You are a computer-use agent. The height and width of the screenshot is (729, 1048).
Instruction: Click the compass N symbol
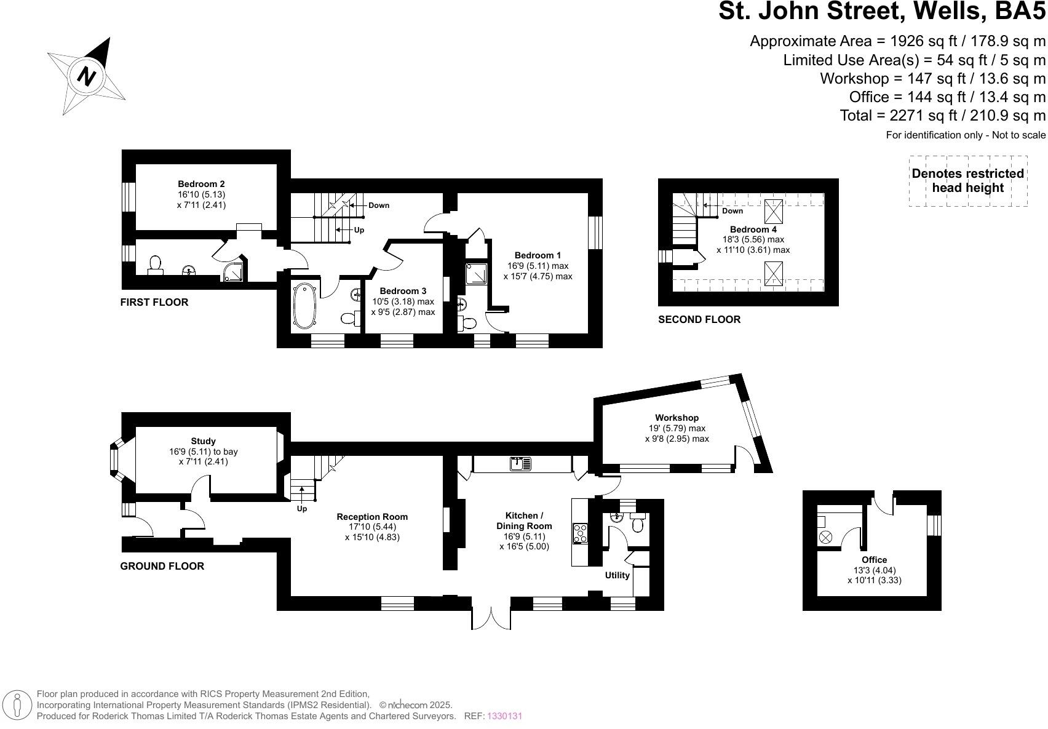click(87, 76)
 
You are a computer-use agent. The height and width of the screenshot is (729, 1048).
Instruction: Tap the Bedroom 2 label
click(201, 184)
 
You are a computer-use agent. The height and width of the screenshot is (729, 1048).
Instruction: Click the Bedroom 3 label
click(403, 291)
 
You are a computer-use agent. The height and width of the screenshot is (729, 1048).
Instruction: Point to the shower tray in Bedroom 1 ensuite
click(475, 273)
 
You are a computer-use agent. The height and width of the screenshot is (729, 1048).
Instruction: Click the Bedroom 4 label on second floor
click(753, 229)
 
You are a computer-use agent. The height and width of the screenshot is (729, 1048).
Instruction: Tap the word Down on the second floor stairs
click(732, 211)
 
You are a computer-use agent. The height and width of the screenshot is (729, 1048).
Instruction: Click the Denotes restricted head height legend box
click(967, 181)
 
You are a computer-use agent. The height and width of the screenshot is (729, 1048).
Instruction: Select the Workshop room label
click(677, 418)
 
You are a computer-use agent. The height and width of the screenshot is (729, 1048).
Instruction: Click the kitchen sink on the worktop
click(520, 464)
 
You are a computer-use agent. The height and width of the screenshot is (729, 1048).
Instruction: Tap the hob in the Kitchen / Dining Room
click(580, 533)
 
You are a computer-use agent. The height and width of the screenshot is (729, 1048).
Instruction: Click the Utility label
click(617, 575)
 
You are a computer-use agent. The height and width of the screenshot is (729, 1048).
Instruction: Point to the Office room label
click(874, 560)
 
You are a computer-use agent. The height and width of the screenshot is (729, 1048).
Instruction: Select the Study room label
click(203, 441)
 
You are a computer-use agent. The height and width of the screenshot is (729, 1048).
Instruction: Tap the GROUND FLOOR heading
click(162, 566)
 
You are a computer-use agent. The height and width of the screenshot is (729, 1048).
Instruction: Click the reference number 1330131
click(504, 716)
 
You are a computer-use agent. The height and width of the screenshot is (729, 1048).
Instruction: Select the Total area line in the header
click(942, 115)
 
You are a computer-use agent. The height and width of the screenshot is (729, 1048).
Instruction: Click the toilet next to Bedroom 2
click(155, 265)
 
